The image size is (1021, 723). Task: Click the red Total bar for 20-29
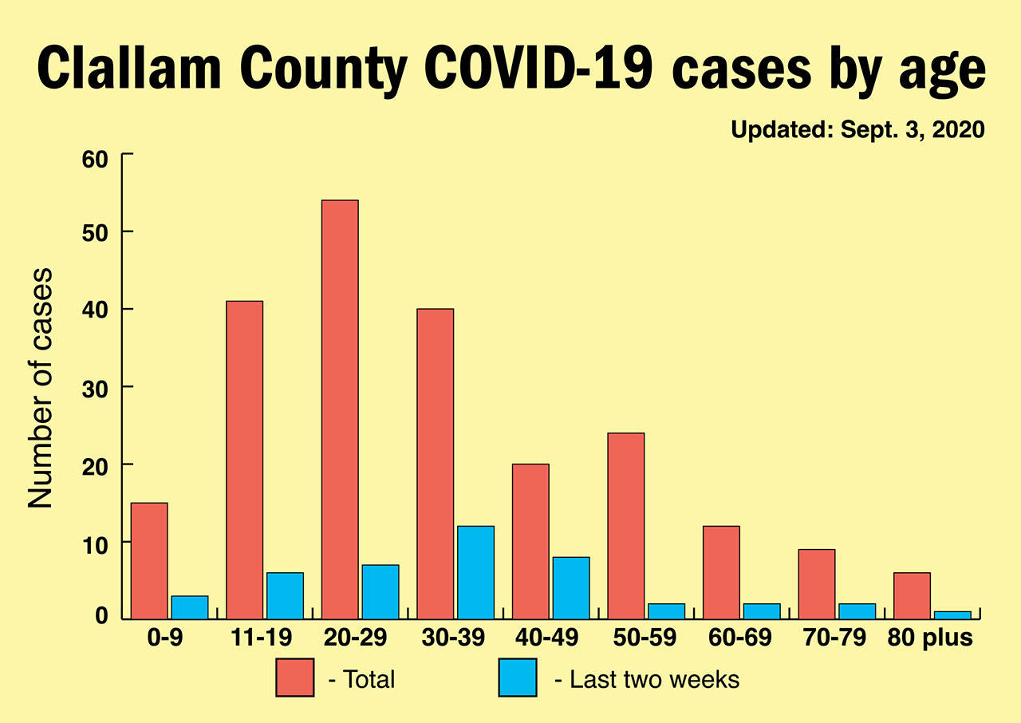tap(340, 409)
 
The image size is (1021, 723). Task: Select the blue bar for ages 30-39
tap(475, 572)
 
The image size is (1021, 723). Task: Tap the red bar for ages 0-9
tap(149, 560)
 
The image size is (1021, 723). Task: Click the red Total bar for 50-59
tap(625, 526)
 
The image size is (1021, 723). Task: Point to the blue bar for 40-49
tap(571, 587)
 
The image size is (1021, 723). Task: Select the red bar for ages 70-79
tap(817, 583)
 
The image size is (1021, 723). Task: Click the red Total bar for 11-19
tap(244, 460)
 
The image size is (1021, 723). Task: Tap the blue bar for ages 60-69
tap(762, 610)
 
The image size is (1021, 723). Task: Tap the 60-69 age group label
tap(740, 639)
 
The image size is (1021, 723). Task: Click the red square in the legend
tap(295, 678)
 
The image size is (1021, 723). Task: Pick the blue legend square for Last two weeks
tap(518, 678)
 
